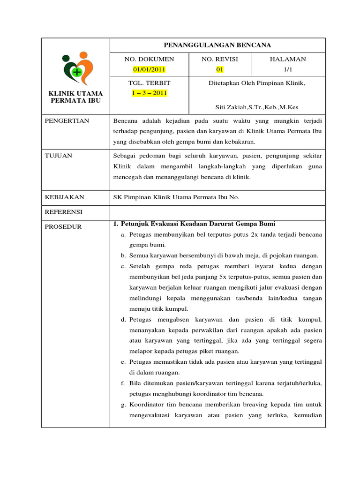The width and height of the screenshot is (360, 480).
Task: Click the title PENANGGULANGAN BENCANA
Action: [x=217, y=45]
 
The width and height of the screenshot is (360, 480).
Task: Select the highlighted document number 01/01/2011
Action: [x=149, y=69]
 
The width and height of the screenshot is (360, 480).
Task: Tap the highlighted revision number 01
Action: [x=219, y=69]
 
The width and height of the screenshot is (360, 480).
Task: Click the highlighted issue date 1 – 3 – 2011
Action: [x=149, y=93]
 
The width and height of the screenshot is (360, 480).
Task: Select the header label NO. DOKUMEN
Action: [x=149, y=59]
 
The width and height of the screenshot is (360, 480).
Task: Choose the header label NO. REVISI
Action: [x=219, y=59]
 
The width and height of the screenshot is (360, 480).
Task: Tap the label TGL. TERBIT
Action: [x=149, y=83]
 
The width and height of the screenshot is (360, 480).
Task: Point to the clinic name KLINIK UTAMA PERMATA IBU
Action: [x=75, y=97]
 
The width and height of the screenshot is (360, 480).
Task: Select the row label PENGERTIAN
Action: [x=67, y=121]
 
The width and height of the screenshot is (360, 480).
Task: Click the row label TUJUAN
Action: [x=59, y=156]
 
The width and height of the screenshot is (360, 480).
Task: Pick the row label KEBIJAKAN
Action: [x=65, y=197]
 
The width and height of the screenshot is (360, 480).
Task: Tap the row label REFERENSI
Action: [x=64, y=212]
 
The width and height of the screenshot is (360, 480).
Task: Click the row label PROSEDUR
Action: [x=63, y=226]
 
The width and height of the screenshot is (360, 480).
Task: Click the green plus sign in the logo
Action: [x=77, y=71]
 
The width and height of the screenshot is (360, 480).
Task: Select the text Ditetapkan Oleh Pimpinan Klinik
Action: [x=256, y=83]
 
